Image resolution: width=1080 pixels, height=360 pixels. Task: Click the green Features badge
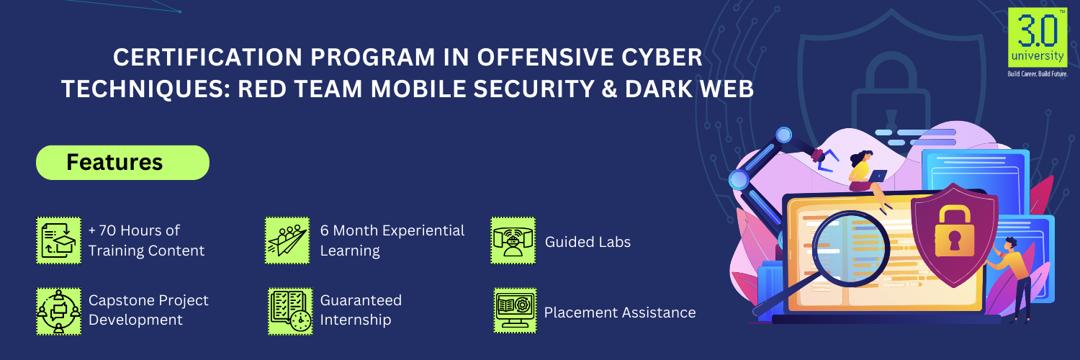122,163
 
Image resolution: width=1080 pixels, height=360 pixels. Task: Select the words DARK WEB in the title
689,89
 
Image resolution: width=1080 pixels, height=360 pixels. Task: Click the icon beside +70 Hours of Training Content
59,240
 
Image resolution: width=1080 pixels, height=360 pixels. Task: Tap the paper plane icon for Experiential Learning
287,240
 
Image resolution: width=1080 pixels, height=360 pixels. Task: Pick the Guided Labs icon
513,240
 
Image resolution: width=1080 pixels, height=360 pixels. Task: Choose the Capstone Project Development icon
59,311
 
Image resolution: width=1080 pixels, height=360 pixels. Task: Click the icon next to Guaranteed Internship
290,311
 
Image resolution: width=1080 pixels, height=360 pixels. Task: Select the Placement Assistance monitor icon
515,311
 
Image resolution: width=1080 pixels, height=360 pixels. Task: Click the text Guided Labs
588,242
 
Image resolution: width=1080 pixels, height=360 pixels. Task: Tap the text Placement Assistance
620,312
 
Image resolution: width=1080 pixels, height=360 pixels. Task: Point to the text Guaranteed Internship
361,310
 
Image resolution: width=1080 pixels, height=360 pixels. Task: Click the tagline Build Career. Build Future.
1038,73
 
